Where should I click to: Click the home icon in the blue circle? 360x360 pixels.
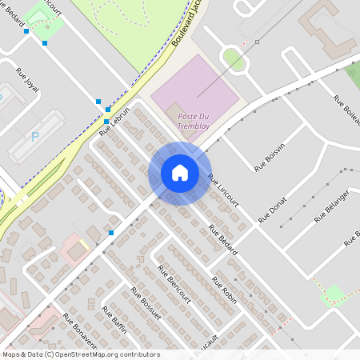point(180,173)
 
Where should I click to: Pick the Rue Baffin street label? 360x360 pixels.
point(114,318)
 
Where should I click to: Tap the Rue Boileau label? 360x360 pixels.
point(346,111)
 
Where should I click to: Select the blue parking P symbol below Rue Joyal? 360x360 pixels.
point(34,137)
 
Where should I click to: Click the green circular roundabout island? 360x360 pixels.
point(233,58)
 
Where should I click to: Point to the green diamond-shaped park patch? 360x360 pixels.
point(334,294)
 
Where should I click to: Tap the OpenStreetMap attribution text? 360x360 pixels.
point(81,354)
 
